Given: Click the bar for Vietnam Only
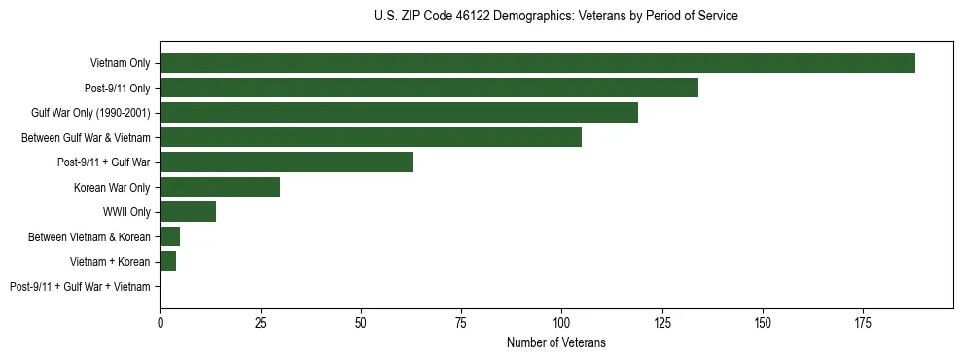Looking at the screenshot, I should pos(537,62).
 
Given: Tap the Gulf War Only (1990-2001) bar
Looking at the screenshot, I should pos(399,112).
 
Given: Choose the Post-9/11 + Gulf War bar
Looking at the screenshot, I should pos(286,162).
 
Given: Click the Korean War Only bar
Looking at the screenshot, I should pos(220,187).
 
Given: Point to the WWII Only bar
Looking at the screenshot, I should pos(188,211).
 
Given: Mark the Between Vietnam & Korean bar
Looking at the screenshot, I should pos(169,236).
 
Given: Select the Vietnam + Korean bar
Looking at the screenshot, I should pos(167,261).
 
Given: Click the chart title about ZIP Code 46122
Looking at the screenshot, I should pos(555,17).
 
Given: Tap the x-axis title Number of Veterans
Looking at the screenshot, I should pos(555,342).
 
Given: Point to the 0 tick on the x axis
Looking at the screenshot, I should pos(160,321).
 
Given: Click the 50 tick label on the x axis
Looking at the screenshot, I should pos(361,321).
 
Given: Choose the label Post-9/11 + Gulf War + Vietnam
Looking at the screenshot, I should pos(80,287).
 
